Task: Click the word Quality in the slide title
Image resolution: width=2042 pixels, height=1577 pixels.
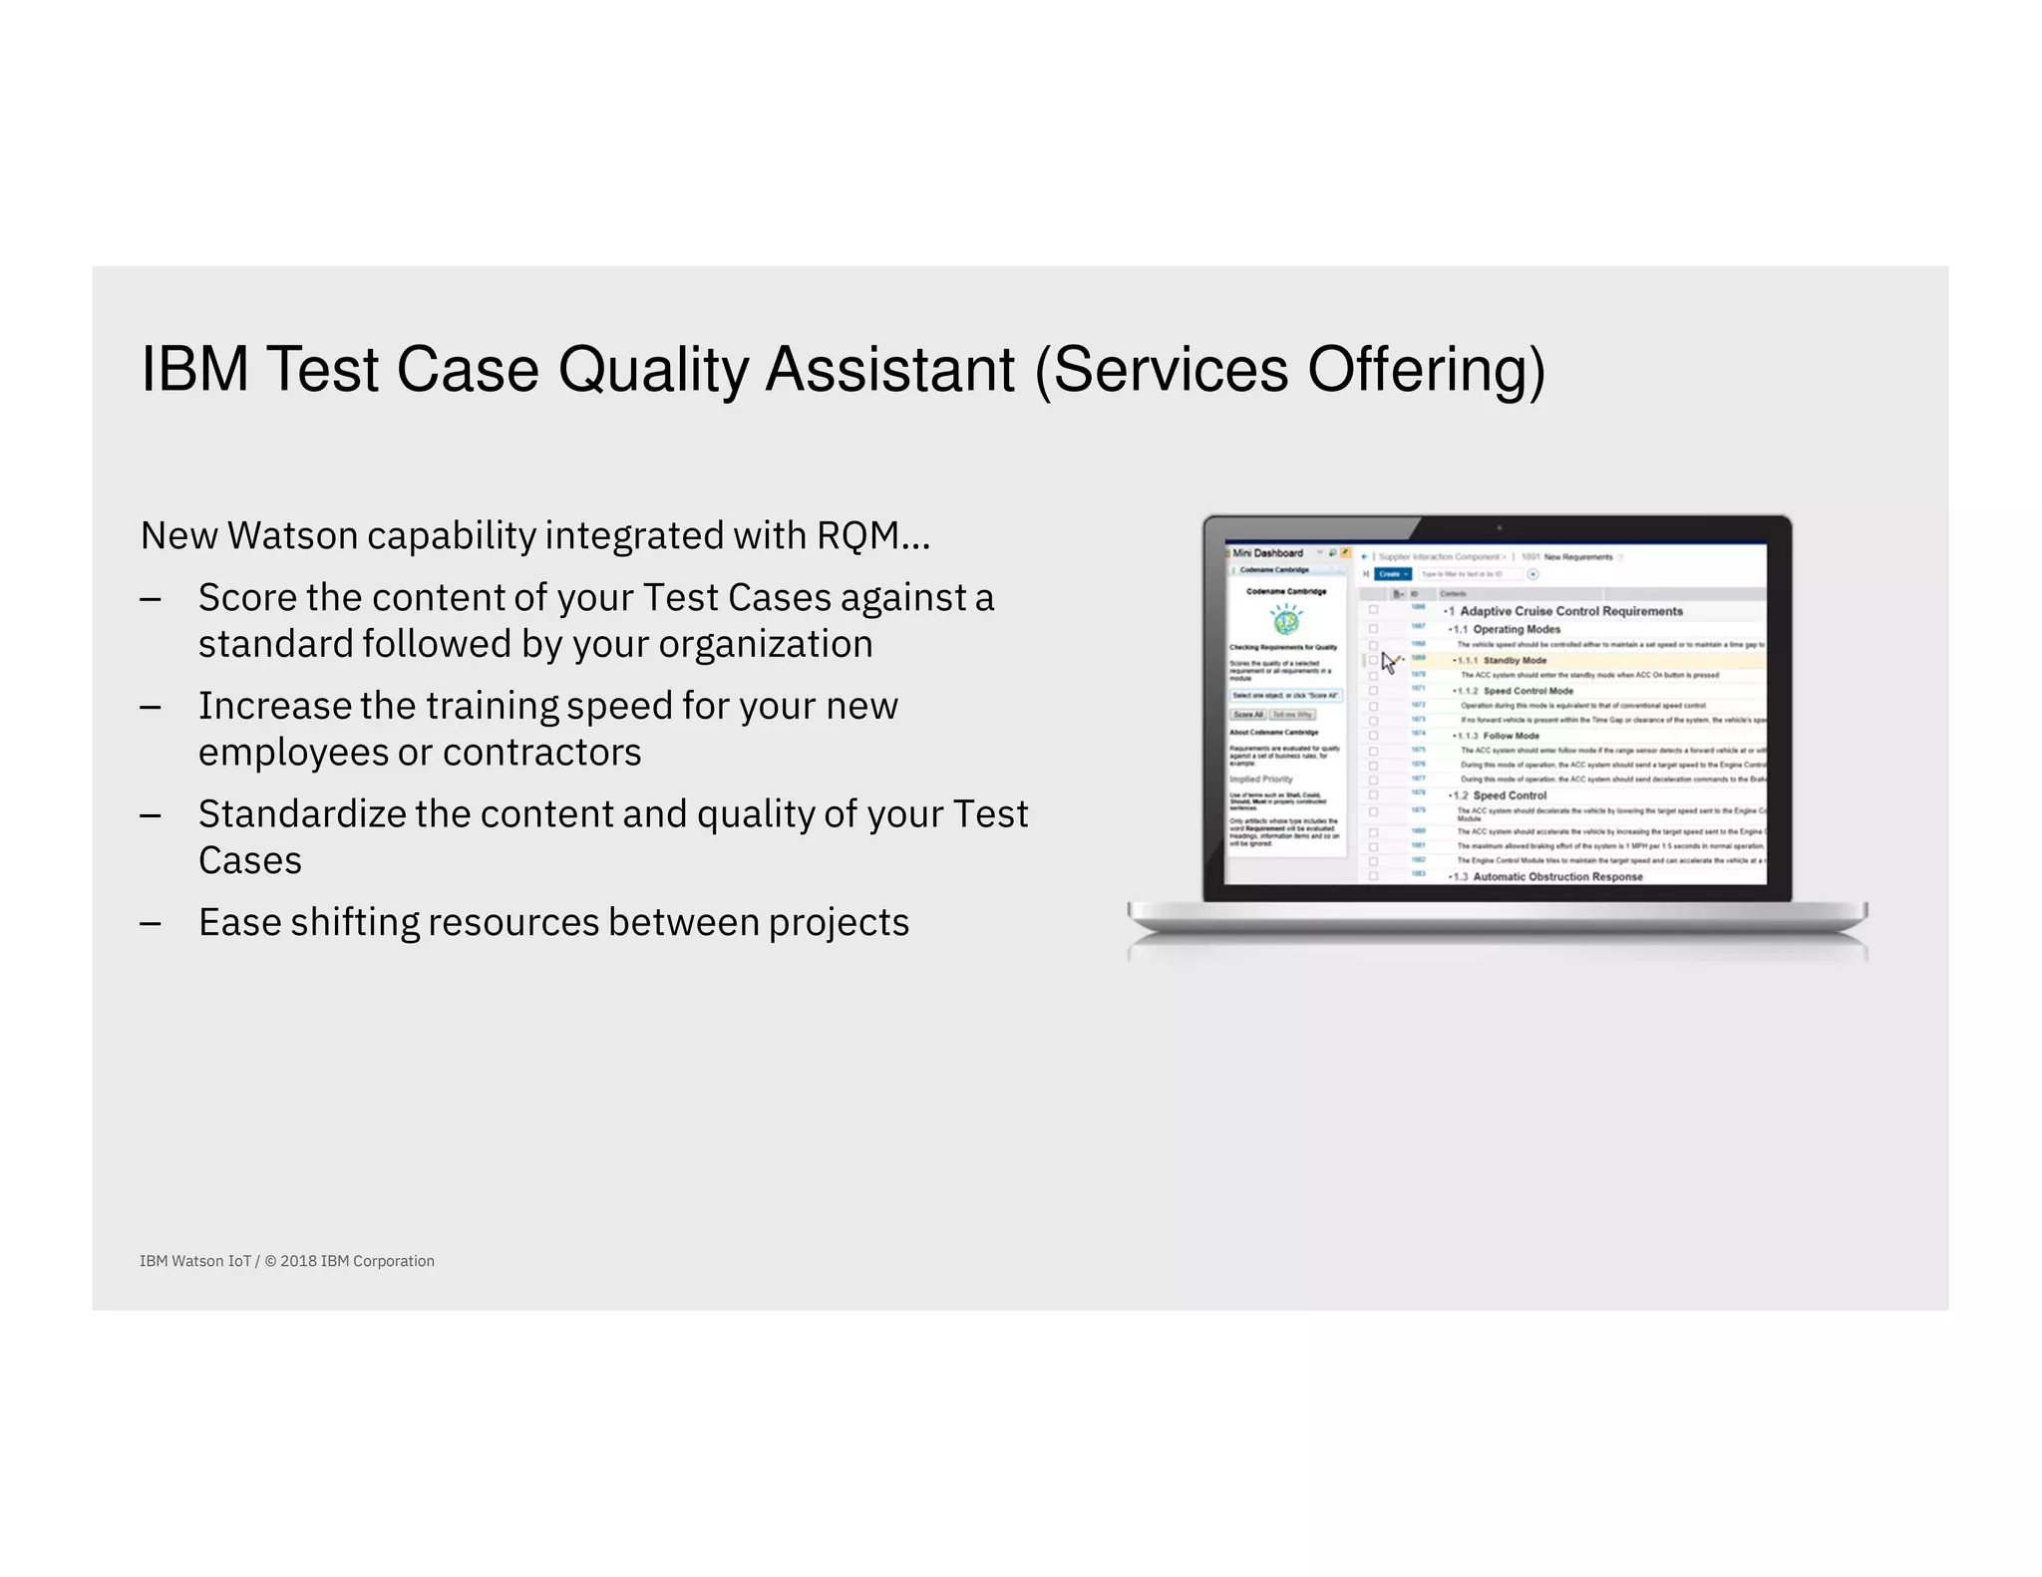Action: pos(652,371)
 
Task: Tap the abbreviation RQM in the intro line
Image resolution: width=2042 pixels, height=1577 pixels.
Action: pos(857,536)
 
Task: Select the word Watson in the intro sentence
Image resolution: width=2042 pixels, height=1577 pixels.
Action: pos(292,536)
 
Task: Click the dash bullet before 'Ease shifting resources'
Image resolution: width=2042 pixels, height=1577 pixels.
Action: pos(151,923)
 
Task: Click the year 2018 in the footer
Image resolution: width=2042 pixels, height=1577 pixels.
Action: pos(298,1261)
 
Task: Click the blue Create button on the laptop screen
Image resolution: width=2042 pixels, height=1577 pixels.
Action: pos(1392,574)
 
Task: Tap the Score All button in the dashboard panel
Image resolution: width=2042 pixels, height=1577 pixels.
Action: pos(1247,715)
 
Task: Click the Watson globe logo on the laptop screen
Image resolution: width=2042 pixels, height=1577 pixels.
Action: pos(1286,622)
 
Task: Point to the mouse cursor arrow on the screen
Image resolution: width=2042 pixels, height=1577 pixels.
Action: pos(1388,662)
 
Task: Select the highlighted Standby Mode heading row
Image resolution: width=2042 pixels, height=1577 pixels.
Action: pos(1515,661)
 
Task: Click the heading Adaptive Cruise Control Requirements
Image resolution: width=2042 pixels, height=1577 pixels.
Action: pos(1570,611)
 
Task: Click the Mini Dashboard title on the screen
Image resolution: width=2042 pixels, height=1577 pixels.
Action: pos(1267,553)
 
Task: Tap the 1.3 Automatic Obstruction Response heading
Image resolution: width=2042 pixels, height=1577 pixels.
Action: pos(1557,877)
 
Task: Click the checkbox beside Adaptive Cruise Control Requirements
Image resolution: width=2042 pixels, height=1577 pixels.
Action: pos(1373,610)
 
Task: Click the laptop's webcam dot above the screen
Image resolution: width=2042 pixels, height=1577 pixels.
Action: pos(1498,528)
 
